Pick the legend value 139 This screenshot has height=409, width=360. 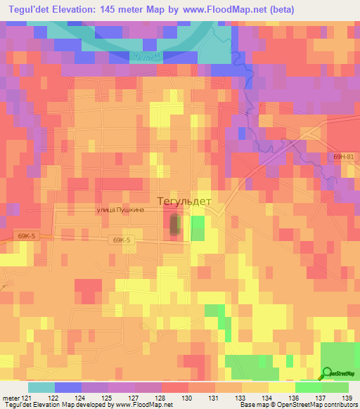click(x=347, y=398)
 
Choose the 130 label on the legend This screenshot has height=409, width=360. click(x=187, y=398)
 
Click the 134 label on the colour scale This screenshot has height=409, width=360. click(x=266, y=398)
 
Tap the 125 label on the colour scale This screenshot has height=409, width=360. click(x=107, y=398)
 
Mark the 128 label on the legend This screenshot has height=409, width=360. click(x=160, y=398)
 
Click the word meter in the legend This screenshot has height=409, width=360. click(x=10, y=398)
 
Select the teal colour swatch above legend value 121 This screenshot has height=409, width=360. click(x=41, y=387)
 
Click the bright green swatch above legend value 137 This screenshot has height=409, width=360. click(x=308, y=387)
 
